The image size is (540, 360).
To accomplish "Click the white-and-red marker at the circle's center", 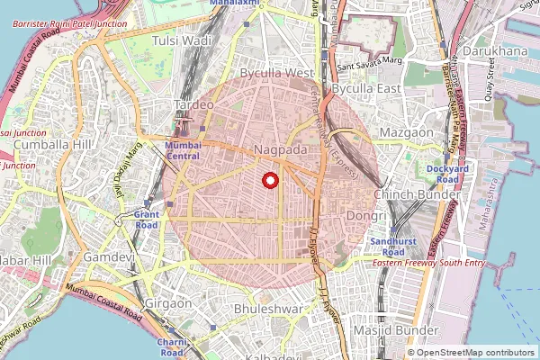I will pyautogui.click(x=268, y=180).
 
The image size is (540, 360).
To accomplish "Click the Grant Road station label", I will pyautogui.click(x=146, y=220).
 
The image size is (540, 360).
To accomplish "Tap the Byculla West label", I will pyautogui.click(x=276, y=72).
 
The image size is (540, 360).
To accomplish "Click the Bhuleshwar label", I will pyautogui.click(x=265, y=309).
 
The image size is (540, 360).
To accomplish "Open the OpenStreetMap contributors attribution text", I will pyautogui.click(x=476, y=352).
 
